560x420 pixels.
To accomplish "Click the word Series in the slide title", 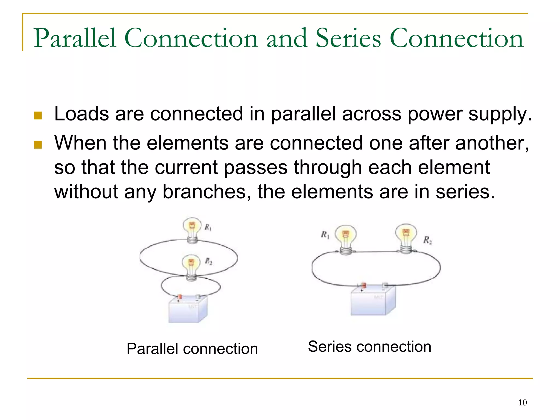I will tap(348, 39).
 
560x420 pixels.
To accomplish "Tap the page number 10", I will tap(523, 403).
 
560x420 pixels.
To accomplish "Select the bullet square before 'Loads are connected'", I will tap(38, 116).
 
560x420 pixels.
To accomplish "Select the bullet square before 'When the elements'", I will tap(38, 145).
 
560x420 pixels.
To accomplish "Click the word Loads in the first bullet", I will tap(81, 114).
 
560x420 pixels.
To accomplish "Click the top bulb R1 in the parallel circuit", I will tap(192, 229).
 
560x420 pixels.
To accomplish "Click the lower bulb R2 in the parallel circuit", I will tap(191, 266).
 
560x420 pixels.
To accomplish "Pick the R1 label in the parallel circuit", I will tap(208, 227).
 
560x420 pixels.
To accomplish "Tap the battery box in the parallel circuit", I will tap(188, 310).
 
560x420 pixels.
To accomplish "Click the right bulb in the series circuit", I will tap(406, 237).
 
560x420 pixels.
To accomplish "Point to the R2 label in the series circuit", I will tap(428, 240).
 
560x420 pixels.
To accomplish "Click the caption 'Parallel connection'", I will tap(192, 349).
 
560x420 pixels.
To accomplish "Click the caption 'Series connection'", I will tap(369, 347).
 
